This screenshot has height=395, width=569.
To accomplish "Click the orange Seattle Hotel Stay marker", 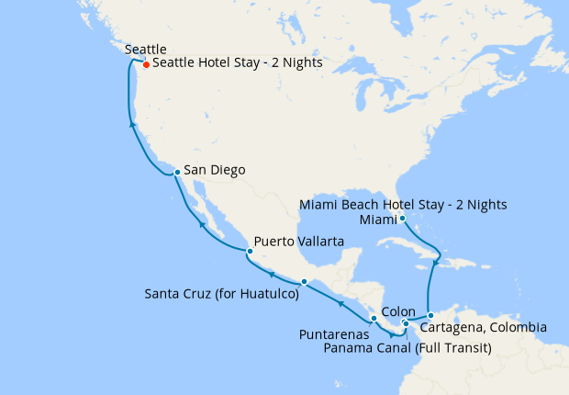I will click(146, 64).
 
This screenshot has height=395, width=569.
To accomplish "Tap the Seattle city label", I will click(145, 48).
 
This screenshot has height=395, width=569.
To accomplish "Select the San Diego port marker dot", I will click(175, 171).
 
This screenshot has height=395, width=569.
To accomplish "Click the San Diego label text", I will click(215, 170).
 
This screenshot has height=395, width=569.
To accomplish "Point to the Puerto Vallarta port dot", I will click(248, 250).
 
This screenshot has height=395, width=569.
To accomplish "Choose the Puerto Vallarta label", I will click(299, 242).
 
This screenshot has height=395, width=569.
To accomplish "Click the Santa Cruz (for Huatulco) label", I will click(222, 295).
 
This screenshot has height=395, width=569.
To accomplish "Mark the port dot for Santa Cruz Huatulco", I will click(304, 282).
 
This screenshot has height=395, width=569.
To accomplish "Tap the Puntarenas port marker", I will click(374, 318).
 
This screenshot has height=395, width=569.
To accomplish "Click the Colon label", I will click(398, 311).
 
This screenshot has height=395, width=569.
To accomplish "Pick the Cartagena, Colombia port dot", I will click(430, 316).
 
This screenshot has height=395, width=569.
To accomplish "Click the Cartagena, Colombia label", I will click(484, 328).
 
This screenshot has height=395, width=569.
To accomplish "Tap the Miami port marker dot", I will click(402, 218).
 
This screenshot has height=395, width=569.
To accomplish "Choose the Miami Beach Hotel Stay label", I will click(405, 203).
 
